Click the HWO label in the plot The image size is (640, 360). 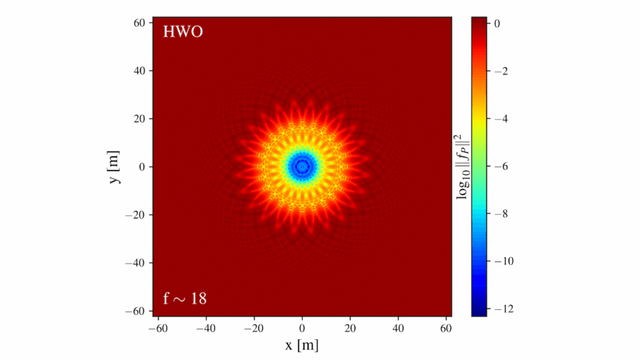click(x=183, y=32)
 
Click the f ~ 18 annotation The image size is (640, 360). click(x=185, y=299)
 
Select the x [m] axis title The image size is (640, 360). click(x=302, y=344)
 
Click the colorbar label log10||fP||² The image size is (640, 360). click(x=464, y=166)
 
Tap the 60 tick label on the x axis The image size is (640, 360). click(x=446, y=326)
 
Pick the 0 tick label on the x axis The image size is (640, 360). click(x=302, y=326)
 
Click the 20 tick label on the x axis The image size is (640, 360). click(x=350, y=326)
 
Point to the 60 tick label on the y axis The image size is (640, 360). click(x=139, y=23)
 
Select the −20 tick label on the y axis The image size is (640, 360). click(x=136, y=215)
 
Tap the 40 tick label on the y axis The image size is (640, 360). click(x=139, y=71)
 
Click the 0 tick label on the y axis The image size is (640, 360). click(x=142, y=167)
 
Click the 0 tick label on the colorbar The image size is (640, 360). click(x=497, y=24)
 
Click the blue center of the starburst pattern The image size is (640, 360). click(x=302, y=166)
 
